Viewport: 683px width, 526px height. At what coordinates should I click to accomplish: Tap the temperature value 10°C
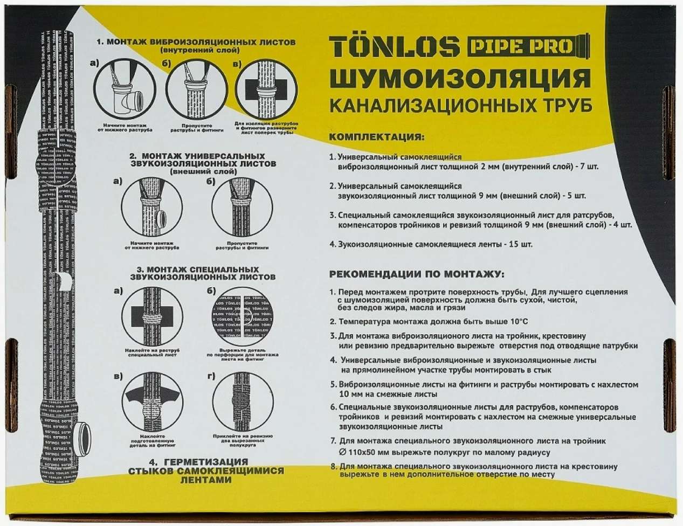517,322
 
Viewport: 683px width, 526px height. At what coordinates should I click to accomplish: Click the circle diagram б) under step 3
241,316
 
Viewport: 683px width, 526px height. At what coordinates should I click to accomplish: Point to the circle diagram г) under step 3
241,403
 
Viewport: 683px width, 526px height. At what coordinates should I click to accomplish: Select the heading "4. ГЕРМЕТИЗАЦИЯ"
198,462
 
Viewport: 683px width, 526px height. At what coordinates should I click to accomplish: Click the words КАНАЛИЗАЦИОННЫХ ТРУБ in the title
460,106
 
